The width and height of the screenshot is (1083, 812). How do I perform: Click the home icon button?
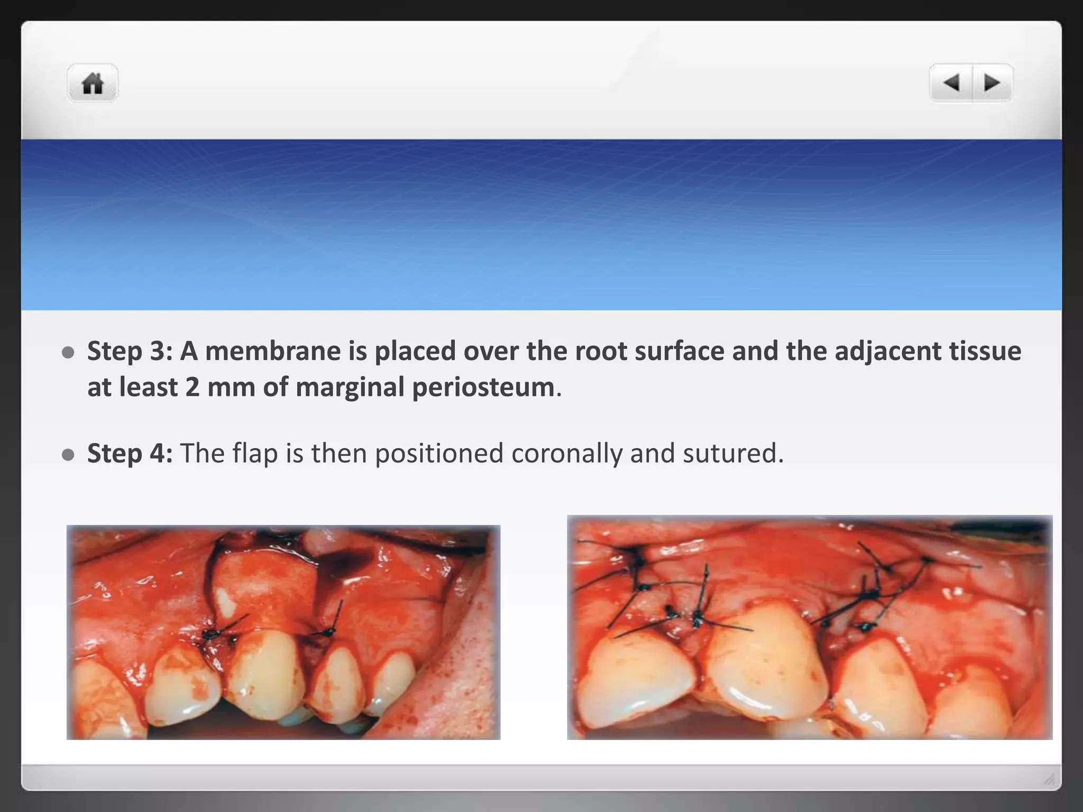pos(93,83)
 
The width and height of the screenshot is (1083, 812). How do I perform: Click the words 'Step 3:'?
pos(130,351)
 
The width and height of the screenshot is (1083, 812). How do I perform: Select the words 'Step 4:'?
pos(130,453)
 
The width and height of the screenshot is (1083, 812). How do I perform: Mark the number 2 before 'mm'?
pos(192,387)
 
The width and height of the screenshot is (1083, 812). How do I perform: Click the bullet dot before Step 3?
pos(68,353)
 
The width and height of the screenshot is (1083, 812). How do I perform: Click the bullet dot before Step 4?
pos(68,455)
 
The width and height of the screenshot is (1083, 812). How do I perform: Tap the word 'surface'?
pos(679,351)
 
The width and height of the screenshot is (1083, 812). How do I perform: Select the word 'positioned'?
pos(439,453)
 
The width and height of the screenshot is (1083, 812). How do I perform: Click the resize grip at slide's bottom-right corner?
pos(1050,779)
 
